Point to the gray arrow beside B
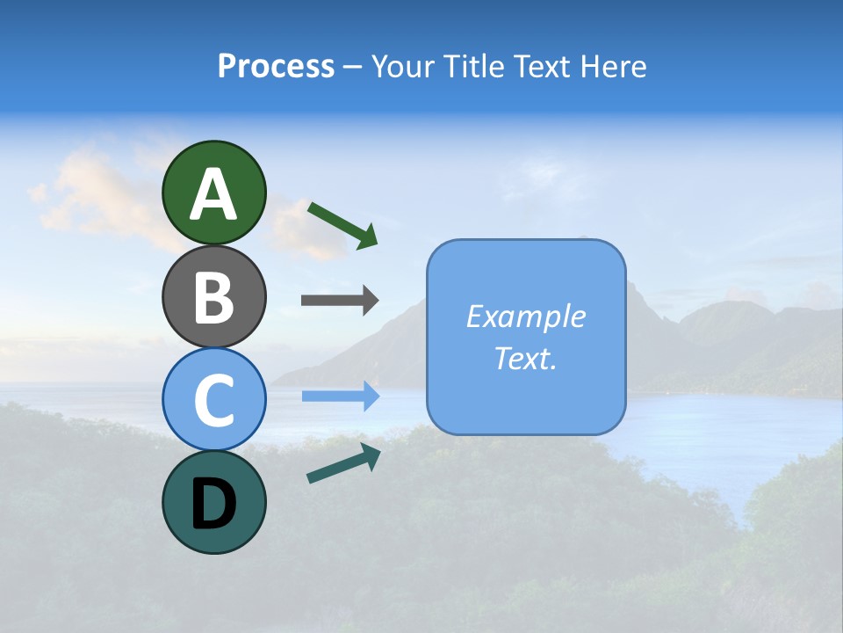[x=339, y=301]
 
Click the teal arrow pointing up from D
[x=343, y=463]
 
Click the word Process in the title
[x=276, y=66]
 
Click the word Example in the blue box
[x=525, y=316]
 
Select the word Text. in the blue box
[x=525, y=358]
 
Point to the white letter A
[x=213, y=194]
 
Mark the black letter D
[x=213, y=504]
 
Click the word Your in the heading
[x=401, y=66]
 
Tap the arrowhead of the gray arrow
[x=370, y=301]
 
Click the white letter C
[x=213, y=400]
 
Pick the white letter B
[x=213, y=297]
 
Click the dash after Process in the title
[x=352, y=68]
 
